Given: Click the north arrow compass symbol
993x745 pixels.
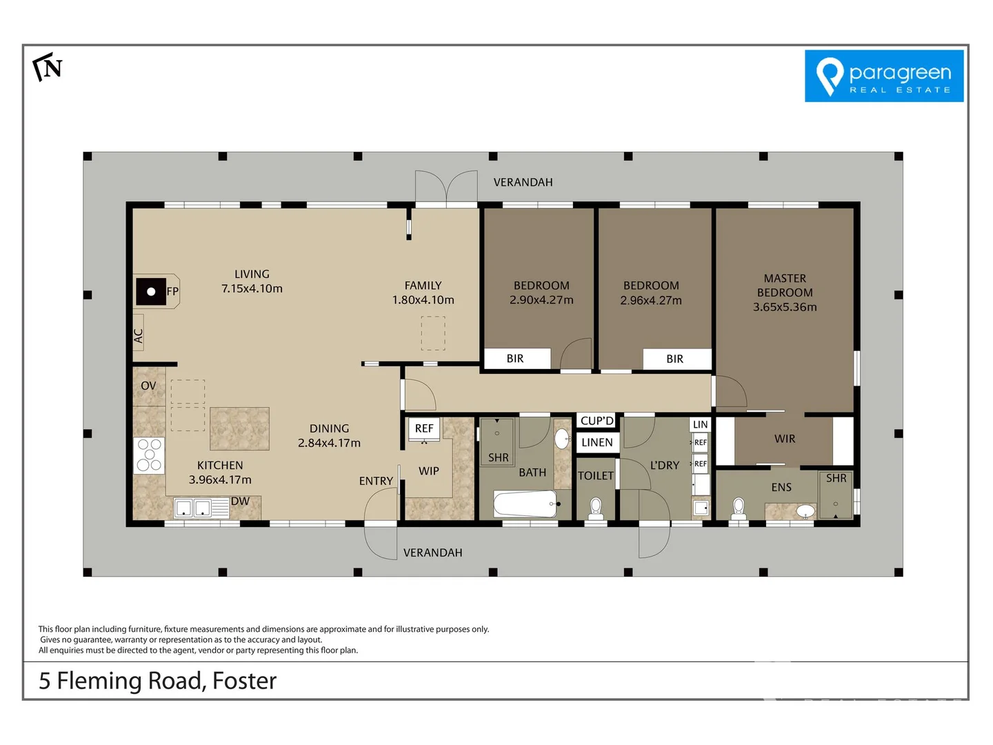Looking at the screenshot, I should tap(48, 67).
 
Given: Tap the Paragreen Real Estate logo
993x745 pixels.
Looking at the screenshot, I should tap(884, 76).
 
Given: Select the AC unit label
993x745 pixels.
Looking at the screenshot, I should tap(138, 336).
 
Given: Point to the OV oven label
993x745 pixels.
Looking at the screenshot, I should tap(148, 386).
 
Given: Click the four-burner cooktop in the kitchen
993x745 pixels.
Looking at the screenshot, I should tap(149, 455).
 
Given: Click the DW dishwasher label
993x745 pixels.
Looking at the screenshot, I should tap(240, 501).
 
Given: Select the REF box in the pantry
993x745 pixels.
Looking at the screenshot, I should tap(424, 428).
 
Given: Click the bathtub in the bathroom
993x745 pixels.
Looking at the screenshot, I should tap(526, 504).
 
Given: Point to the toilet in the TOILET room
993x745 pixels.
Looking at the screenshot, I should tap(596, 509).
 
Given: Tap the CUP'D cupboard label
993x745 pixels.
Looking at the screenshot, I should tap(596, 421).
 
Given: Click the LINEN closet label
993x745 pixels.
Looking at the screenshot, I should tap(596, 442).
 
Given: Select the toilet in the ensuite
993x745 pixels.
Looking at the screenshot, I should tap(739, 509).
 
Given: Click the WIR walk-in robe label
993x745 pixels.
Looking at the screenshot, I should tap(785, 439).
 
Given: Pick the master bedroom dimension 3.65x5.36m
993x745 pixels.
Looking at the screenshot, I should tap(785, 307).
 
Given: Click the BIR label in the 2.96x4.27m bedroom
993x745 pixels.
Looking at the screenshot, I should tap(674, 359).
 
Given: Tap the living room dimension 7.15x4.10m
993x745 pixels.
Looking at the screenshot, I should tap(252, 288).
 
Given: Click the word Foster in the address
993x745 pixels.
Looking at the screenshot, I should tap(244, 681).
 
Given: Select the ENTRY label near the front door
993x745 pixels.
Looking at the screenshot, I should tap(376, 481).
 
